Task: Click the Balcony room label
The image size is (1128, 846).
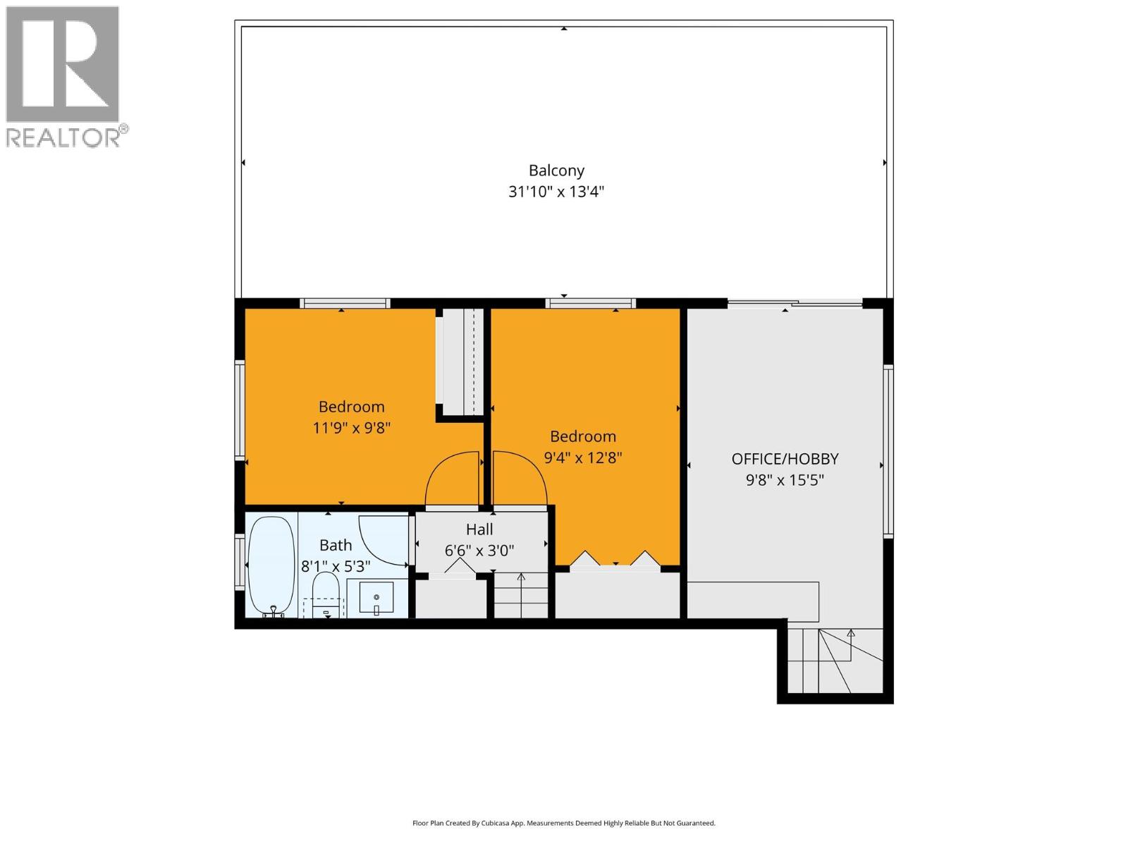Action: (556, 170)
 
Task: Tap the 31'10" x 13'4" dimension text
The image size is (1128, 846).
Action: (556, 192)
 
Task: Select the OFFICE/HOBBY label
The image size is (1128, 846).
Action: (785, 459)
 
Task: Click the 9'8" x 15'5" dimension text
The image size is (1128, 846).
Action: (785, 481)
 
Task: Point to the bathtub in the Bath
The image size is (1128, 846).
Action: (271, 566)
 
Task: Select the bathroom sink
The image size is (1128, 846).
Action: (376, 598)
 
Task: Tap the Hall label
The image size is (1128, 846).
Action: (479, 529)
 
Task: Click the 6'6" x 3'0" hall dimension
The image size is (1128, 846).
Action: (479, 551)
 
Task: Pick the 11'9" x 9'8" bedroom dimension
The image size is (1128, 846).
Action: (351, 428)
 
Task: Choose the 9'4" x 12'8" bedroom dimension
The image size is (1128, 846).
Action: (582, 458)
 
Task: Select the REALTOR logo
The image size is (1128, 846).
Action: (65, 76)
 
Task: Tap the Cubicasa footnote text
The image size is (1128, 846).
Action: (563, 823)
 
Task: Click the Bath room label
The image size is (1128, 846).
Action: (336, 545)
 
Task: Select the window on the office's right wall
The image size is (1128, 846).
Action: (888, 451)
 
